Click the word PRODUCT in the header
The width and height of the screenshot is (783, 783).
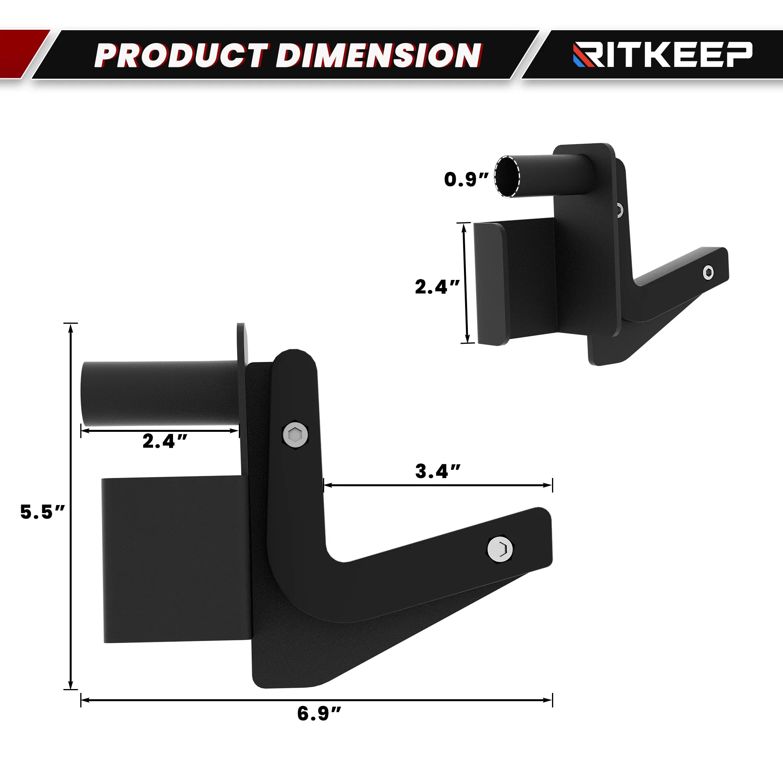point(182,55)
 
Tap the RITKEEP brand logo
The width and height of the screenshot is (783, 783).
point(663,54)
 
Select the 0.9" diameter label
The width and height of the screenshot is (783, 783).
point(466,180)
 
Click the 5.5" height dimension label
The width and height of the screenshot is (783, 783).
point(42,512)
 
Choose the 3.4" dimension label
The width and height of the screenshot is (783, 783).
point(438,472)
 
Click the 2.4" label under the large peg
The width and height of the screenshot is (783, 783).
point(164,441)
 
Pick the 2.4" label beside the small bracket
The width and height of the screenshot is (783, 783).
point(437,287)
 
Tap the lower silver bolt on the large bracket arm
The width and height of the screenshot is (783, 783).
point(500,549)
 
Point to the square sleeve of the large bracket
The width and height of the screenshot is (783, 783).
point(174,559)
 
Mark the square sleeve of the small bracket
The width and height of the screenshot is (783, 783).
point(515,281)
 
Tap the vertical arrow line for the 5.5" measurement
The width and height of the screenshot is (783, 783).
point(71,507)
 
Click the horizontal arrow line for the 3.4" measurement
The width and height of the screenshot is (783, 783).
point(438,485)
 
